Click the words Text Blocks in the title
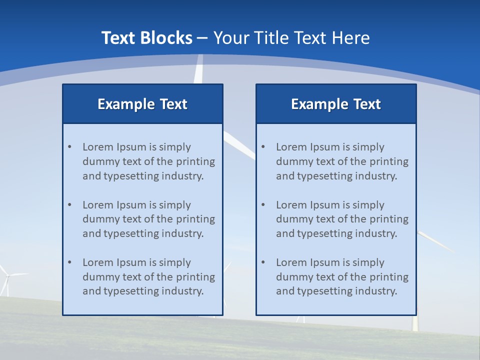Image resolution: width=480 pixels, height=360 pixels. click(146, 38)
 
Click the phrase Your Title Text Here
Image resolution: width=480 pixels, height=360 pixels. click(291, 38)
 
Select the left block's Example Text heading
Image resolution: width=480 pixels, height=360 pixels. click(142, 104)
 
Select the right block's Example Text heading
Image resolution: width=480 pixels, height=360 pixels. click(336, 104)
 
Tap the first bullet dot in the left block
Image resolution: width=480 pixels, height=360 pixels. click(69, 147)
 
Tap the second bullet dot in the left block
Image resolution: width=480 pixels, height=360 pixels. click(69, 205)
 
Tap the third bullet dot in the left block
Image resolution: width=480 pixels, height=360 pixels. click(69, 262)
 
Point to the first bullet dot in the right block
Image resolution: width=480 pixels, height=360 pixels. click(263, 147)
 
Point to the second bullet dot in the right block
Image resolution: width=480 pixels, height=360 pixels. click(263, 205)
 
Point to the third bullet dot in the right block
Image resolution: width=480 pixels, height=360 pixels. click(263, 262)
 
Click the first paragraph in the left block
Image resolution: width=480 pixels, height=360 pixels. click(148, 161)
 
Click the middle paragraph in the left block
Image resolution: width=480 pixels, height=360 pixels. click(148, 219)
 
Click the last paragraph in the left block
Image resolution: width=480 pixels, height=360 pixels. click(148, 277)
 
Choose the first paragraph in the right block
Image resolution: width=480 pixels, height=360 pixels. click(342, 161)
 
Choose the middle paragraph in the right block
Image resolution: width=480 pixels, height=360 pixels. click(342, 219)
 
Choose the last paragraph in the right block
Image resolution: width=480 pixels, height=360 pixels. click(342, 277)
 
